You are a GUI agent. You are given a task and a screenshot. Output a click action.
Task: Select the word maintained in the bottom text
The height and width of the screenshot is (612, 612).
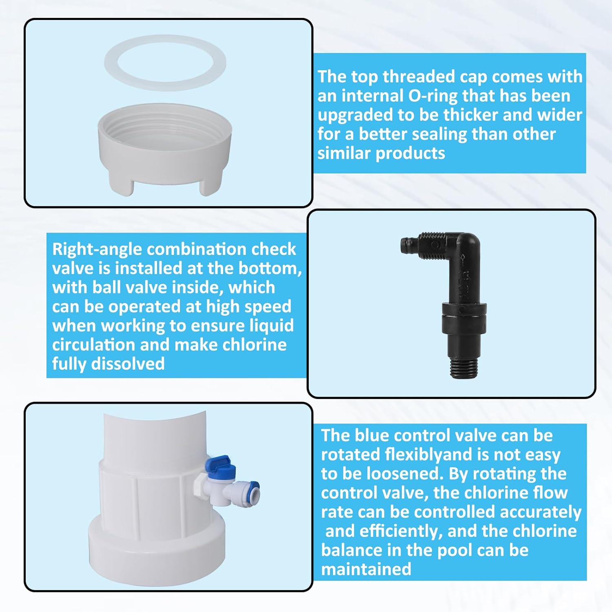[366, 569]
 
